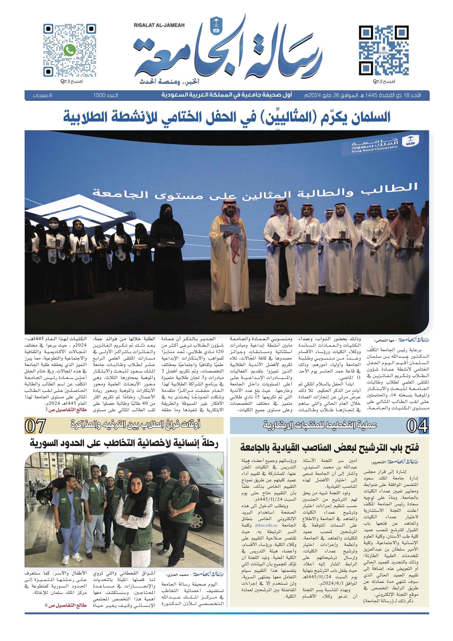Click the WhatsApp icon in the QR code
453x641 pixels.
[x=70, y=50]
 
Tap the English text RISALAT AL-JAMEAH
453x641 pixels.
[x=159, y=25]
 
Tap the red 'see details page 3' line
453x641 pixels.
[x=66, y=410]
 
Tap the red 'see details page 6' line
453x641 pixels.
[x=66, y=605]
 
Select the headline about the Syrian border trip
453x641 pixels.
[x=124, y=444]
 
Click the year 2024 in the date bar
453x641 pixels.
[x=314, y=95]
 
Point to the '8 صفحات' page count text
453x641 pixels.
[x=42, y=95]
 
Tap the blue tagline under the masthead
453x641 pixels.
[x=170, y=81]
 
